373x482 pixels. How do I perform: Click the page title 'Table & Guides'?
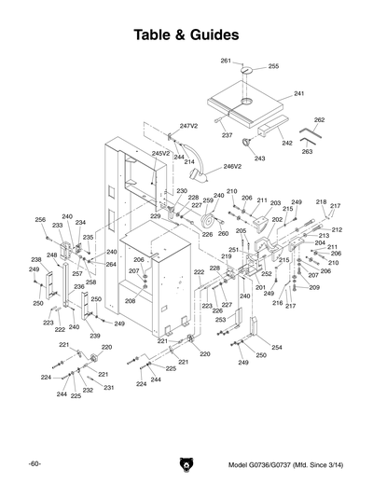click(x=186, y=34)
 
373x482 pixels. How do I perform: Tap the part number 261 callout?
click(x=226, y=61)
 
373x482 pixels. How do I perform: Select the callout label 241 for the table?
click(x=299, y=94)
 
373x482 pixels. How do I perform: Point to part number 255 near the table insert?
click(x=273, y=67)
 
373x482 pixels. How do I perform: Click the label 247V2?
click(x=189, y=125)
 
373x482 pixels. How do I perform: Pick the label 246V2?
click(x=231, y=167)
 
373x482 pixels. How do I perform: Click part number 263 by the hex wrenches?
click(x=307, y=151)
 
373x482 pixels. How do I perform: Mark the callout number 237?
click(x=227, y=135)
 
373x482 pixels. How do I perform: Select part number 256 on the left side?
click(x=40, y=219)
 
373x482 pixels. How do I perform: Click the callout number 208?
click(x=130, y=301)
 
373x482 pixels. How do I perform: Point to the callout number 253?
click(x=221, y=319)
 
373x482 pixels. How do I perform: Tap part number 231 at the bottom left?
click(x=108, y=388)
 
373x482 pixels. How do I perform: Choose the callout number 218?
click(x=322, y=202)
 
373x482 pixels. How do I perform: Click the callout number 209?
click(x=314, y=287)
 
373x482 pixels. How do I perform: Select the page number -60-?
click(x=34, y=464)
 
